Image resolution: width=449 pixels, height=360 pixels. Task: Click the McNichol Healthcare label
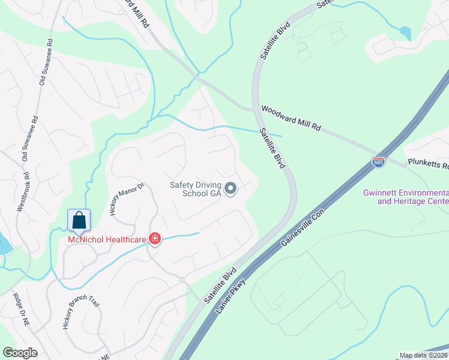[x=107, y=240]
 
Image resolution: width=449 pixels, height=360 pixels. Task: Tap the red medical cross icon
[x=155, y=239]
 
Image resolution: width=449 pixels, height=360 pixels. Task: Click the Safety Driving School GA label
[x=196, y=189]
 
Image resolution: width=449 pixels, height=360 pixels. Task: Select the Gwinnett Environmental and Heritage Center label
[x=405, y=197]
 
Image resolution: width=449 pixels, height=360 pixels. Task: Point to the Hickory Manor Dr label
[x=127, y=199]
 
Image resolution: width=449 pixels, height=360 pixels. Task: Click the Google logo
[x=20, y=353]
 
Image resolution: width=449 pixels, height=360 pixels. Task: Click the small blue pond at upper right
[x=405, y=32]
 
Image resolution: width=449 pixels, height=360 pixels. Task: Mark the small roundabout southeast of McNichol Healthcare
[x=181, y=280]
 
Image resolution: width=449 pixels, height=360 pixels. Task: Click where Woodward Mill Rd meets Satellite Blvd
[x=256, y=109]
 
